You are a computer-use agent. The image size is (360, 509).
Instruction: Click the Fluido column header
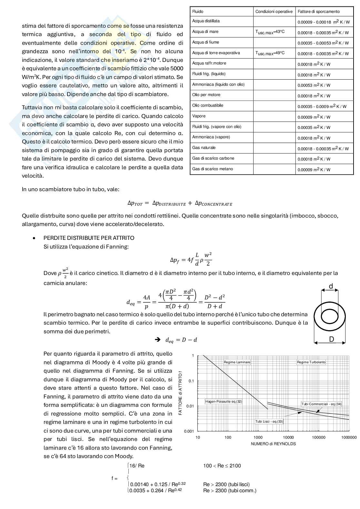198,11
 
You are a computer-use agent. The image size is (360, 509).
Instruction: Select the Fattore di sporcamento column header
318,11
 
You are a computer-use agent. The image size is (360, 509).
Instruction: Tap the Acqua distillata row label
206,21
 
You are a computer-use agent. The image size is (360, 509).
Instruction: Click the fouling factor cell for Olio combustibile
322,106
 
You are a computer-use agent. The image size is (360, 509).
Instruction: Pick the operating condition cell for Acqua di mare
270,32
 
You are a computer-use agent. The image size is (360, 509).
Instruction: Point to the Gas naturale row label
204,148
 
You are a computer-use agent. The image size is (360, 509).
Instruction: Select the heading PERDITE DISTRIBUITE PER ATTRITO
89,238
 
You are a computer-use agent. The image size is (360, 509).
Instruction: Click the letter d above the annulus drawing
331,286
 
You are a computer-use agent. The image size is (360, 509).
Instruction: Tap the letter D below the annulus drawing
331,339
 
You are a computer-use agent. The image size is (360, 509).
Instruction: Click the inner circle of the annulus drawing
329,316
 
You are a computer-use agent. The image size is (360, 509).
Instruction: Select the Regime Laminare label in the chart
237,362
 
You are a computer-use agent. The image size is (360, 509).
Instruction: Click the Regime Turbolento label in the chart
311,362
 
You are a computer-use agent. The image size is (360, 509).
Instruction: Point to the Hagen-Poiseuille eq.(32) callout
224,401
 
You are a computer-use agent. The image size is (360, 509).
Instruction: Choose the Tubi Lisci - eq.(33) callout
269,421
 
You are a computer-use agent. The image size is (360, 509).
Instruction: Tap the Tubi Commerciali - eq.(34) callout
321,404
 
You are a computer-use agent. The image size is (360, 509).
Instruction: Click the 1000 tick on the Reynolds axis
258,437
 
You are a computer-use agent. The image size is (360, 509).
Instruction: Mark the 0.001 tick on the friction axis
189,431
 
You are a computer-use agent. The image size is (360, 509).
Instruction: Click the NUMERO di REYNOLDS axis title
273,444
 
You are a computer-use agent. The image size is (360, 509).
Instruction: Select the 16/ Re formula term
137,466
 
